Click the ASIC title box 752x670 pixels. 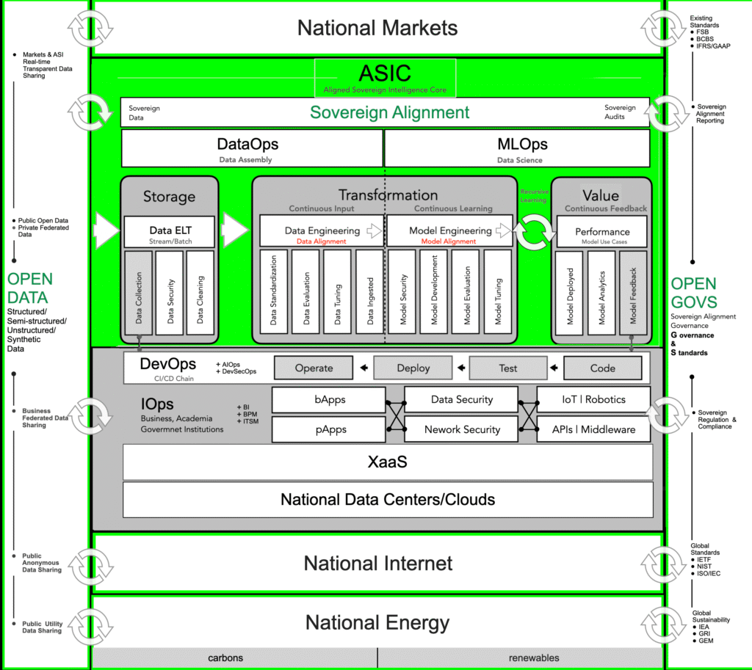385,78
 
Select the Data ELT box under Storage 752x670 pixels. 170,231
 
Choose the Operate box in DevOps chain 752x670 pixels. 314,368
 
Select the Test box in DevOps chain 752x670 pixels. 507,368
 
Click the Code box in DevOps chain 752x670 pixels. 602,368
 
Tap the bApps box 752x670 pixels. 328,400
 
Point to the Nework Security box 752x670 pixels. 462,429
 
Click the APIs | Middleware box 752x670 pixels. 593,429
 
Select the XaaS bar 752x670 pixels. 387,463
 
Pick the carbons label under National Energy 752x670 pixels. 225,658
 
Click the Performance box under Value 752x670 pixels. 602,231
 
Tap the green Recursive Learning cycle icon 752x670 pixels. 534,232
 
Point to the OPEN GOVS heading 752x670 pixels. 694,293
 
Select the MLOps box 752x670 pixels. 518,148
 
